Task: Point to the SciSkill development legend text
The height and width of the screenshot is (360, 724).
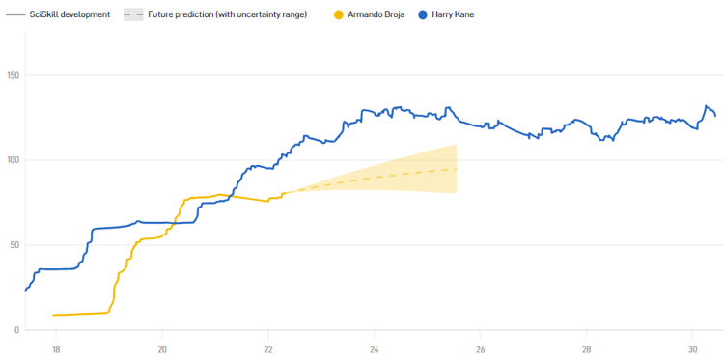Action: pyautogui.click(x=70, y=15)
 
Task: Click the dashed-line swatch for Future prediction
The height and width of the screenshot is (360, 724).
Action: pyautogui.click(x=133, y=15)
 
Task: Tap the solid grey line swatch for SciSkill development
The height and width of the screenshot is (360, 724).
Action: pyautogui.click(x=15, y=15)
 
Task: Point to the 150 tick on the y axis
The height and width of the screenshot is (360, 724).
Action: pyautogui.click(x=14, y=75)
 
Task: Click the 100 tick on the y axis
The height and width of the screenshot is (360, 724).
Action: pyautogui.click(x=14, y=160)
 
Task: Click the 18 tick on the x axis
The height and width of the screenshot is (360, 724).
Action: pyautogui.click(x=56, y=348)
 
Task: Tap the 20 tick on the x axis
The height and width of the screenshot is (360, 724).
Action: pyautogui.click(x=162, y=348)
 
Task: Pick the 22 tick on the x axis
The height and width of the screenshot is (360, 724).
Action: pyautogui.click(x=268, y=348)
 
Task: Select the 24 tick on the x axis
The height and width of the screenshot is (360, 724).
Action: pyautogui.click(x=375, y=348)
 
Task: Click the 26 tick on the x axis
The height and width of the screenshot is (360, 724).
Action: pyautogui.click(x=481, y=348)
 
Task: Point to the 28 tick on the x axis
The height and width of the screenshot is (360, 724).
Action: pyautogui.click(x=587, y=348)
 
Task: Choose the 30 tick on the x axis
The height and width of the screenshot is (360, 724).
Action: pyautogui.click(x=692, y=348)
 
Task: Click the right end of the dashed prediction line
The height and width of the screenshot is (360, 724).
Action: pyautogui.click(x=456, y=169)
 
